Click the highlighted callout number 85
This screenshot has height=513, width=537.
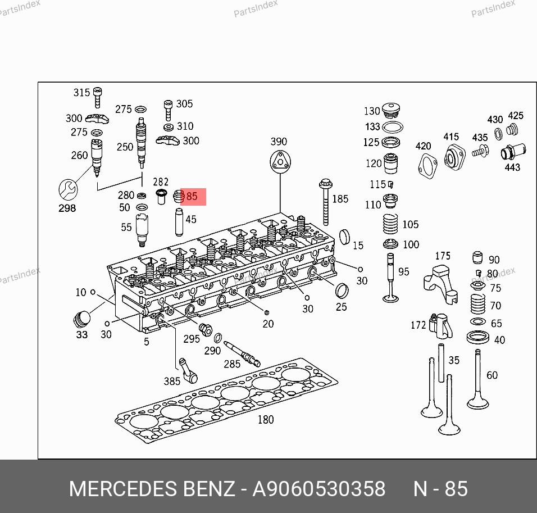pyautogui.click(x=192, y=196)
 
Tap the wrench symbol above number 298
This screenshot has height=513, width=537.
pyautogui.click(x=68, y=189)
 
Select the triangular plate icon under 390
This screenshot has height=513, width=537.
pyautogui.click(x=280, y=162)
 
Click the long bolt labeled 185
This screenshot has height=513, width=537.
pyautogui.click(x=325, y=202)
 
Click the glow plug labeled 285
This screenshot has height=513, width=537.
pyautogui.click(x=242, y=353)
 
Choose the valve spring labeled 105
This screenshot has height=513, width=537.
pyautogui.click(x=390, y=224)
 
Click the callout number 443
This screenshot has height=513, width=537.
pyautogui.click(x=512, y=167)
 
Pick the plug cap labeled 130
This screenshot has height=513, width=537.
pyautogui.click(x=390, y=110)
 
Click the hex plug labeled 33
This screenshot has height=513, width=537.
pyautogui.click(x=82, y=320)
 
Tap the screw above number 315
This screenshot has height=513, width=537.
pyautogui.click(x=97, y=97)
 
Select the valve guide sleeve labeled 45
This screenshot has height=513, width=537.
pyautogui.click(x=179, y=222)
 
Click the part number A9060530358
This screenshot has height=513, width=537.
pyautogui.click(x=319, y=489)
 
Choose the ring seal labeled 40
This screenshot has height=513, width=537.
pyautogui.click(x=478, y=337)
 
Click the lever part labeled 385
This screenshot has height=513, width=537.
pyautogui.click(x=188, y=370)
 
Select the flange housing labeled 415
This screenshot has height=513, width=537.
pyautogui.click(x=454, y=158)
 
